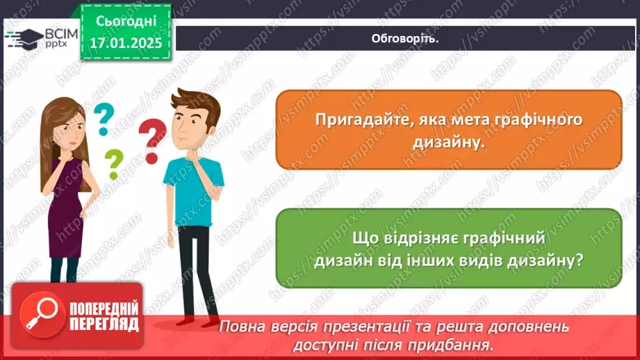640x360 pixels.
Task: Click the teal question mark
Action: pos(104,119)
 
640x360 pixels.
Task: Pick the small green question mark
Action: pos(113,164)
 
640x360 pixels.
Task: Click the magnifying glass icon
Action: pos(40,316)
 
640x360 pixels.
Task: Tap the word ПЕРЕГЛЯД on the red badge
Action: pos(104,324)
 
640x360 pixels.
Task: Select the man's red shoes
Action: pos(191,320)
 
